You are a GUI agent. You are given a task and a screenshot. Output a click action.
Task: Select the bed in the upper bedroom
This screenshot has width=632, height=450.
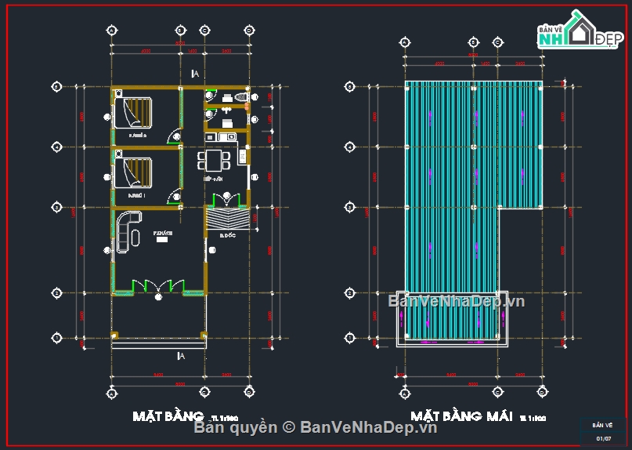(x=134, y=111)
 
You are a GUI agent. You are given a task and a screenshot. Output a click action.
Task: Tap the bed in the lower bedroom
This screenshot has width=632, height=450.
(x=134, y=172)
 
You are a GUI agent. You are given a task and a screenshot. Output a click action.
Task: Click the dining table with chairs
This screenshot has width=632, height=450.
(x=214, y=161)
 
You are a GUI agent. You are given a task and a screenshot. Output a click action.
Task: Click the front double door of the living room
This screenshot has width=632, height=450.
(x=159, y=286)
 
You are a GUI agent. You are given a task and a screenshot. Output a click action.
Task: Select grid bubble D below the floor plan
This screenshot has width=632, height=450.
(x=249, y=390)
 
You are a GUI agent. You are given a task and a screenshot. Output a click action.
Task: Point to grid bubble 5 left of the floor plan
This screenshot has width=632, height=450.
(x=56, y=86)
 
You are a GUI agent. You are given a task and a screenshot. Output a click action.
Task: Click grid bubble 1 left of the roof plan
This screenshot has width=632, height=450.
(x=349, y=338)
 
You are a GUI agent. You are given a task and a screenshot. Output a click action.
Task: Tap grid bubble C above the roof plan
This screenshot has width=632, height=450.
(x=497, y=42)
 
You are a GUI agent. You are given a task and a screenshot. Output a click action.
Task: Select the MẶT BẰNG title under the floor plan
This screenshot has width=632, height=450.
(x=168, y=416)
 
